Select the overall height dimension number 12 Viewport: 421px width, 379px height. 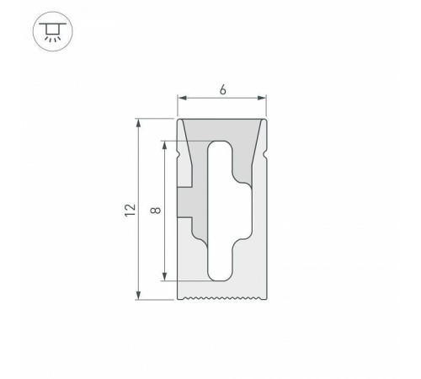click(x=127, y=210)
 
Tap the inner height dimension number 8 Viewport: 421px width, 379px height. click(x=153, y=210)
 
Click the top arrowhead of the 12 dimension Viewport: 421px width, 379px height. click(x=138, y=123)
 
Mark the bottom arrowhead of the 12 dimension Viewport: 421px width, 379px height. click(x=138, y=296)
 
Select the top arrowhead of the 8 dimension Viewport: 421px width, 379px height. click(x=164, y=142)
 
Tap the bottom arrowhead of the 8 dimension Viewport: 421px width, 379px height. click(x=164, y=277)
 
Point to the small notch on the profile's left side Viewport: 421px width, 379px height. click(x=179, y=156)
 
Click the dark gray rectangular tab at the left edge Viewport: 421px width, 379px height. click(x=184, y=202)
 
